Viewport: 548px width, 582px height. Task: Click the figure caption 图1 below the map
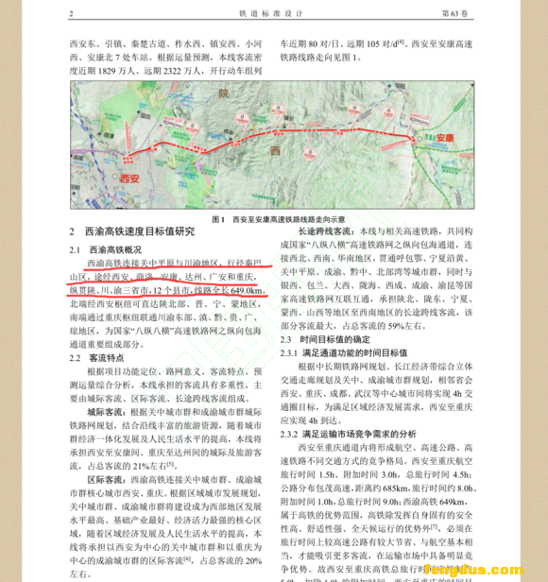(219, 217)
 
